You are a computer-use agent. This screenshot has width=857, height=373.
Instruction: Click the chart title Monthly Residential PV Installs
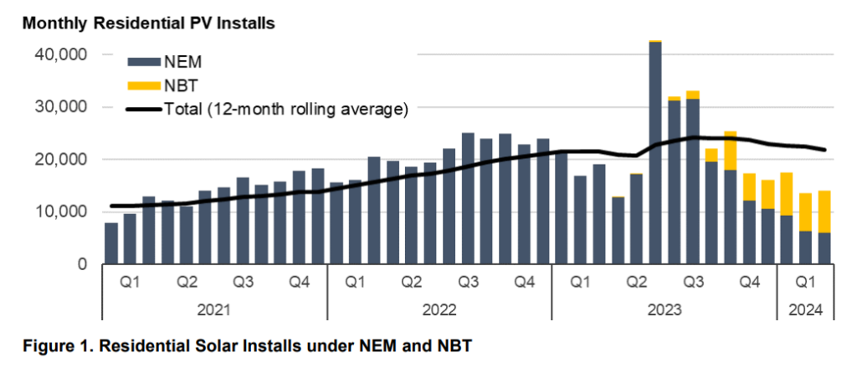pos(149,23)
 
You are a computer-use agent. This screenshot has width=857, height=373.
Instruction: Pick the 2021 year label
pos(214,309)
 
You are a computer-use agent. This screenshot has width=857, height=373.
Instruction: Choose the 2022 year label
pos(439,309)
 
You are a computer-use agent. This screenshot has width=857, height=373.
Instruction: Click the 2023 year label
pos(663,309)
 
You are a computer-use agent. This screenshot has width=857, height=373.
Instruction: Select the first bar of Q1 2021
pos(111,243)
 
